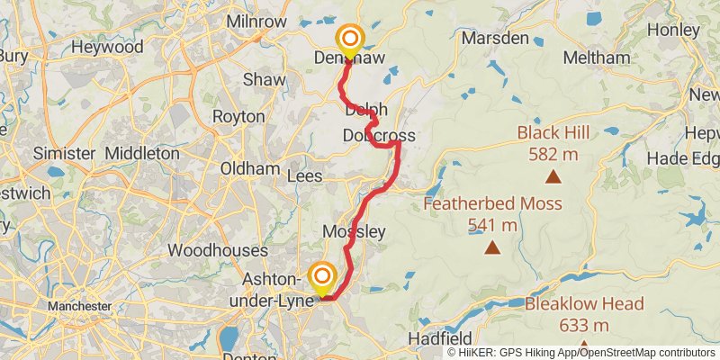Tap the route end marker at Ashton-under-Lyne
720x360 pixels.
(322, 277)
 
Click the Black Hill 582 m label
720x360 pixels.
(553, 144)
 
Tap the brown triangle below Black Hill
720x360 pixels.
(553, 177)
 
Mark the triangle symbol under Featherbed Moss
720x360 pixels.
(492, 247)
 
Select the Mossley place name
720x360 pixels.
(354, 232)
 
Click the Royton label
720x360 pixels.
(238, 117)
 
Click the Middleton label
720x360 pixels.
(142, 153)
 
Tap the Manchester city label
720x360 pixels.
(80, 307)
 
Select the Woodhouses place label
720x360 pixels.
(218, 250)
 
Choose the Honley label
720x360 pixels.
(674, 30)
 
